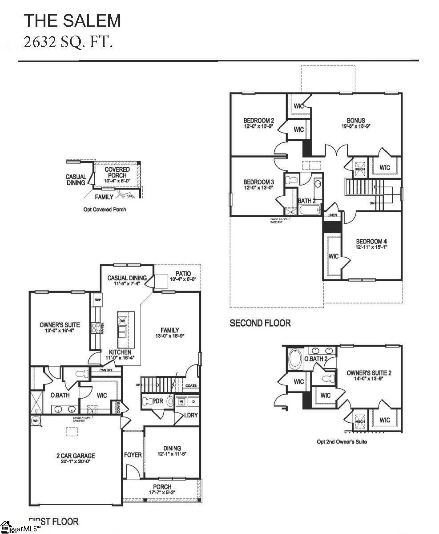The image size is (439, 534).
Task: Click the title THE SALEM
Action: tap(72, 20)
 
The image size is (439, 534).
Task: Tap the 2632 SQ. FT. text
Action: tap(68, 42)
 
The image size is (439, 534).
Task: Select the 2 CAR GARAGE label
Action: tap(76, 456)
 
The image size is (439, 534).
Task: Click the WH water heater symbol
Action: tap(35, 421)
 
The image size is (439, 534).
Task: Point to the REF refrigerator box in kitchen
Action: tap(97, 300)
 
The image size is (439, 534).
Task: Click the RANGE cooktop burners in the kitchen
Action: tap(96, 328)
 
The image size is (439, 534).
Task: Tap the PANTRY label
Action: tap(106, 370)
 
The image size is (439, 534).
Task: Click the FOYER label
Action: tap(133, 455)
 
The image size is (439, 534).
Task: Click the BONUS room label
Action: tap(356, 120)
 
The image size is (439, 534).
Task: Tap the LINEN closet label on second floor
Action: tap(332, 215)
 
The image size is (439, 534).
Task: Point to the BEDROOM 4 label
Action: tap(371, 241)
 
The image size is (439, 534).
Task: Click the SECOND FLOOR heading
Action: tap(260, 323)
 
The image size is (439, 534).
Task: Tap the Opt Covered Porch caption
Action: tap(105, 209)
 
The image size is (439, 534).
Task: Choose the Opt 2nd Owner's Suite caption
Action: tap(342, 442)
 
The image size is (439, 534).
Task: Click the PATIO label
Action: tap(183, 274)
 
